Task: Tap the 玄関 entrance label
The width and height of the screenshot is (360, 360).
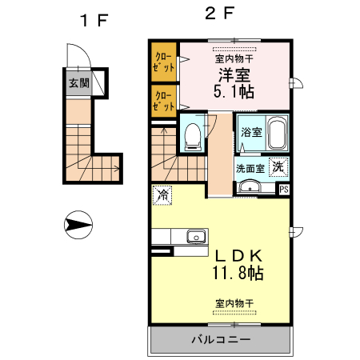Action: [78, 82]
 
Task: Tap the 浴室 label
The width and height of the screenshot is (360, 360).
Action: [250, 132]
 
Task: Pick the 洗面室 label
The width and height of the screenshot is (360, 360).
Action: [250, 169]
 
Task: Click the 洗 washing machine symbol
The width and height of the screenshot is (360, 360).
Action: [278, 167]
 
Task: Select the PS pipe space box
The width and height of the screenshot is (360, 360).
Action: [283, 189]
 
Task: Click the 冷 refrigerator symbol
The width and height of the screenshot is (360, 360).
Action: [162, 194]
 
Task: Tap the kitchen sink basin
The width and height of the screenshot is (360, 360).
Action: [195, 236]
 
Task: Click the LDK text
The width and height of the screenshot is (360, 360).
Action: [238, 255]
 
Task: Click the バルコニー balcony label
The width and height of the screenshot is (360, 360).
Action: [221, 339]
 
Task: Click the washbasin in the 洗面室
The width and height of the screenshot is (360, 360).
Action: [250, 188]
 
